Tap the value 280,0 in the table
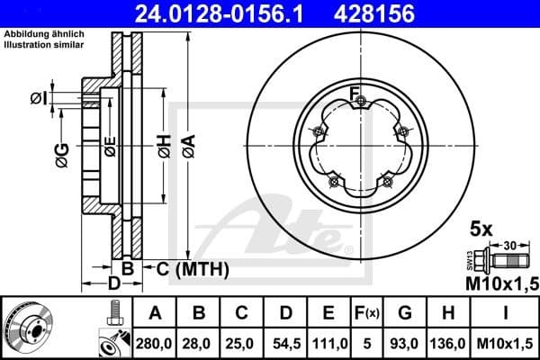point(155,343)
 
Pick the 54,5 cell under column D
point(285,343)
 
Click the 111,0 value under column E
point(329,343)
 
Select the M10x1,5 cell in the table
point(504,343)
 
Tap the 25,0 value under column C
point(241,343)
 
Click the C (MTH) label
point(193,269)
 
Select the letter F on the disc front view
point(355,91)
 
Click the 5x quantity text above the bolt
point(481,229)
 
